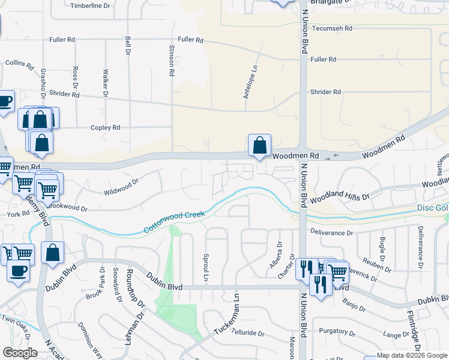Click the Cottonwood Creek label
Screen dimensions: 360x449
[175, 221]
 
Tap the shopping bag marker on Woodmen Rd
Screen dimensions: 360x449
[259, 146]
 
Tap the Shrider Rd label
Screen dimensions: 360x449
[325, 92]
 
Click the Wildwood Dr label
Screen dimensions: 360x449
[121, 187]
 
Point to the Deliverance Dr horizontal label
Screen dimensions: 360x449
[331, 232]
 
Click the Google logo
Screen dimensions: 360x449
[20, 353]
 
